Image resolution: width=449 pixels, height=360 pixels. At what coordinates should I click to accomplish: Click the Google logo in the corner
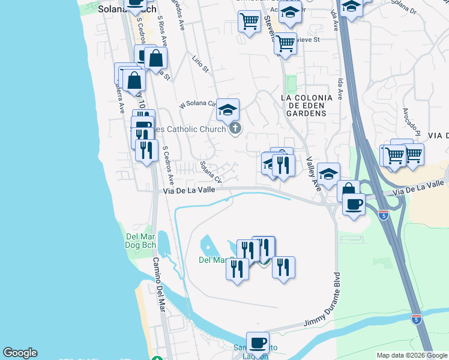[x=20, y=353]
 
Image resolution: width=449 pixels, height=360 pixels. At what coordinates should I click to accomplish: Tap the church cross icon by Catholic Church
[x=235, y=128]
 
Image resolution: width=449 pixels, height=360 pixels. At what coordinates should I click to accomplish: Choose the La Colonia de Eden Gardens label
[x=306, y=105]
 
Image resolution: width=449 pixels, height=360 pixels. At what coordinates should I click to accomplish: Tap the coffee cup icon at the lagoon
[x=258, y=343]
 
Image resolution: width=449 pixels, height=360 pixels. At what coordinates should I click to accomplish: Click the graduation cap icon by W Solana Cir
[x=228, y=109]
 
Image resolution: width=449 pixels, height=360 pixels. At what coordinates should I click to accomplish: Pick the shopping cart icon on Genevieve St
[x=286, y=43]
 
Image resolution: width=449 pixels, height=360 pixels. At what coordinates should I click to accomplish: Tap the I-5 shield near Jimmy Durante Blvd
[x=417, y=319]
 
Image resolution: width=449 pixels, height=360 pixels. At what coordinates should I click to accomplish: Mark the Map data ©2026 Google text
[x=412, y=355]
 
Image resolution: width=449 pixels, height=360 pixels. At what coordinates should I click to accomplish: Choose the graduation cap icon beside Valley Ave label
[x=328, y=173]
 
